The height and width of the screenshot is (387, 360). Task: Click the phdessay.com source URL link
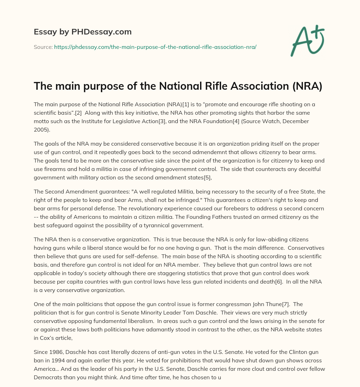(155, 47)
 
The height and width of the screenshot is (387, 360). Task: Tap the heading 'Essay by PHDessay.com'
(83, 32)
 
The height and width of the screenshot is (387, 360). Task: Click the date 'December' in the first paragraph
(297, 121)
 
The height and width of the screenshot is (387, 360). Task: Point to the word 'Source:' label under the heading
(43, 47)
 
